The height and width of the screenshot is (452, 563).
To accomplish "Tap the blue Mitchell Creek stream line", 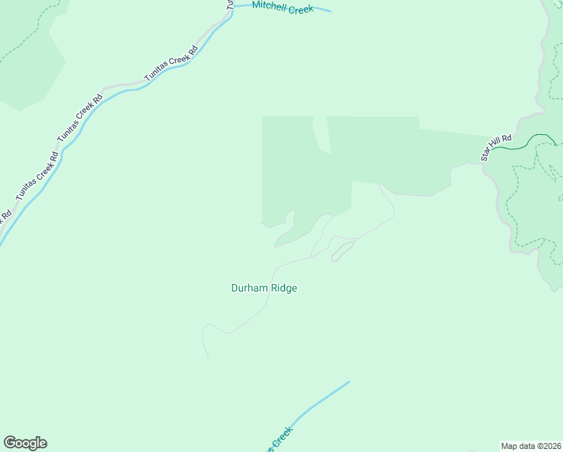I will click(320, 10).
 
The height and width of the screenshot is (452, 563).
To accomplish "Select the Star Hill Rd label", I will click(496, 148).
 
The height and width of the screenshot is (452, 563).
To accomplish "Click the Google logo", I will click(25, 443).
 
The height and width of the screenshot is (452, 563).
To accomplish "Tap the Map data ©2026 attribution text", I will click(531, 446).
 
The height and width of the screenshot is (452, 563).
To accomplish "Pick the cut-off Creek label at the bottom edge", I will click(278, 439).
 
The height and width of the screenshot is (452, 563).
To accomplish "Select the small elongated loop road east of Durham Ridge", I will click(342, 251).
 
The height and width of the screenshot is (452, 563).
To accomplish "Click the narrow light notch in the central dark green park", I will click(321, 134).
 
